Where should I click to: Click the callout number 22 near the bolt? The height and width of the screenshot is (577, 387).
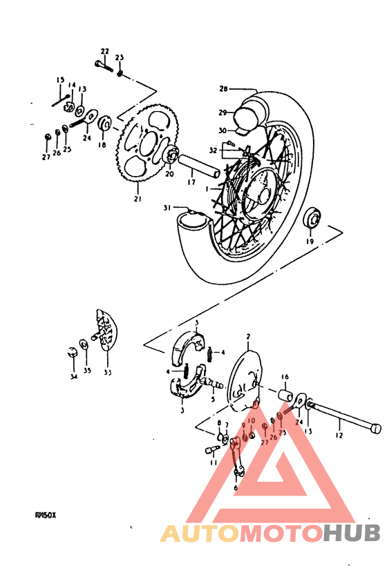104,51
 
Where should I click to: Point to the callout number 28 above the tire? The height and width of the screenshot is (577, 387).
223,89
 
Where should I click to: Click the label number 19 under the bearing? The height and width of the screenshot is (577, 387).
309,242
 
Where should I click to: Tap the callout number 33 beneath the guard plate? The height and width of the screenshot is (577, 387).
107,373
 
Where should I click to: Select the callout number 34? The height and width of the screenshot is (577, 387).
73,377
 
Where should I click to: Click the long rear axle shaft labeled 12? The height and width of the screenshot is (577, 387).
346,421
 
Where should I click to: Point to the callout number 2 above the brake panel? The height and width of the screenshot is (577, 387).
247,336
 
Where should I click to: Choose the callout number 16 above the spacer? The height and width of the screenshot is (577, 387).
284,377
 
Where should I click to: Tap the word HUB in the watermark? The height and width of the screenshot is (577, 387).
352,533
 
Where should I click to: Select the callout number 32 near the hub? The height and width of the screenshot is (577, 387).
214,150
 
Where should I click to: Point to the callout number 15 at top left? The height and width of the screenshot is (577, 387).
59,79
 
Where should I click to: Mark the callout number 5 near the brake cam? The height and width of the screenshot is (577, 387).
213,399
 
